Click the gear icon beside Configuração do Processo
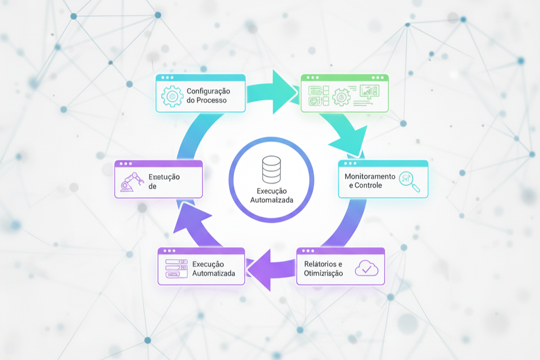tap(171, 96)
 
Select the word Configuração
tap(208, 91)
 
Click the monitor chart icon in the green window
tap(369, 92)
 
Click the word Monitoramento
tap(370, 176)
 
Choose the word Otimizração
tap(323, 273)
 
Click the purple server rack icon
tap(176, 268)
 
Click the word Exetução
tap(164, 177)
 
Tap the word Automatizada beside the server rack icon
tap(214, 273)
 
